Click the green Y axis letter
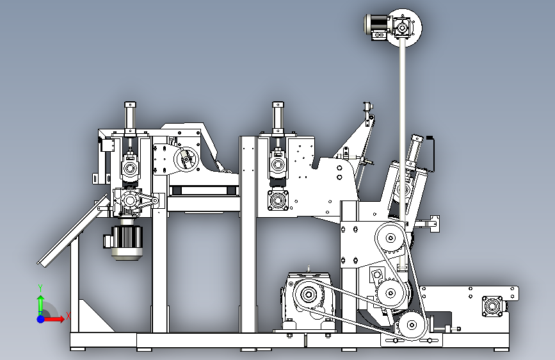click(40, 288)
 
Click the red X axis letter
click(68, 316)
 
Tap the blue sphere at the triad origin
click(41, 319)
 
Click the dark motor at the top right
click(377, 26)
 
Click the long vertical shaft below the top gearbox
click(403, 152)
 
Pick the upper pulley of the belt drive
click(390, 238)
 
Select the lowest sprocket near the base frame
click(412, 325)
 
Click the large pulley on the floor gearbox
click(309, 295)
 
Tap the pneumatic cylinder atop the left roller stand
click(130, 118)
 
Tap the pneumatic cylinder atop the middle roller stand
click(278, 118)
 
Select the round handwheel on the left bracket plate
click(186, 160)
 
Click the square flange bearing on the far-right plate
click(492, 306)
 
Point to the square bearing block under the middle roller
click(278, 200)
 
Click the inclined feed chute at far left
click(72, 231)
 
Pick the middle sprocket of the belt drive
click(390, 293)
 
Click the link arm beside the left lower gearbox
click(148, 200)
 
